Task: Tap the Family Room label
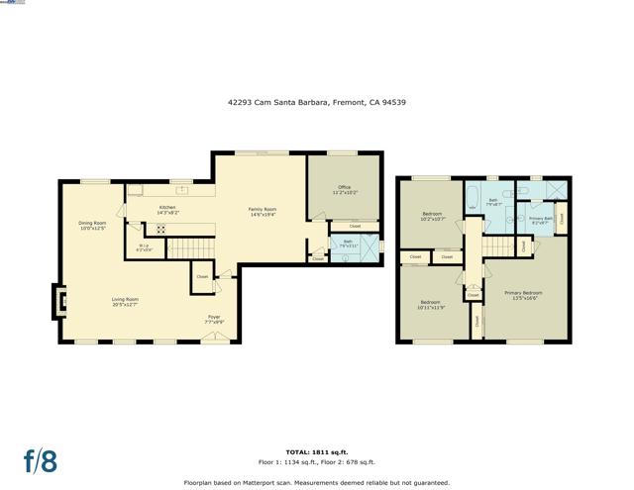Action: [262, 211]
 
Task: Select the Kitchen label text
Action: [168, 210]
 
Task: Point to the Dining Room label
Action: [91, 225]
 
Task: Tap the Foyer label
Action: [214, 320]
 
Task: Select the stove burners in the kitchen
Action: [161, 229]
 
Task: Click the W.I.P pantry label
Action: [144, 248]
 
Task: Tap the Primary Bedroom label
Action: [523, 294]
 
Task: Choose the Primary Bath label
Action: [539, 220]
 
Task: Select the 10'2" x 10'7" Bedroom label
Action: [433, 216]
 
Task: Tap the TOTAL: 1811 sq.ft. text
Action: [316, 451]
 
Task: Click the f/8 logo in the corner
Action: [40, 460]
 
